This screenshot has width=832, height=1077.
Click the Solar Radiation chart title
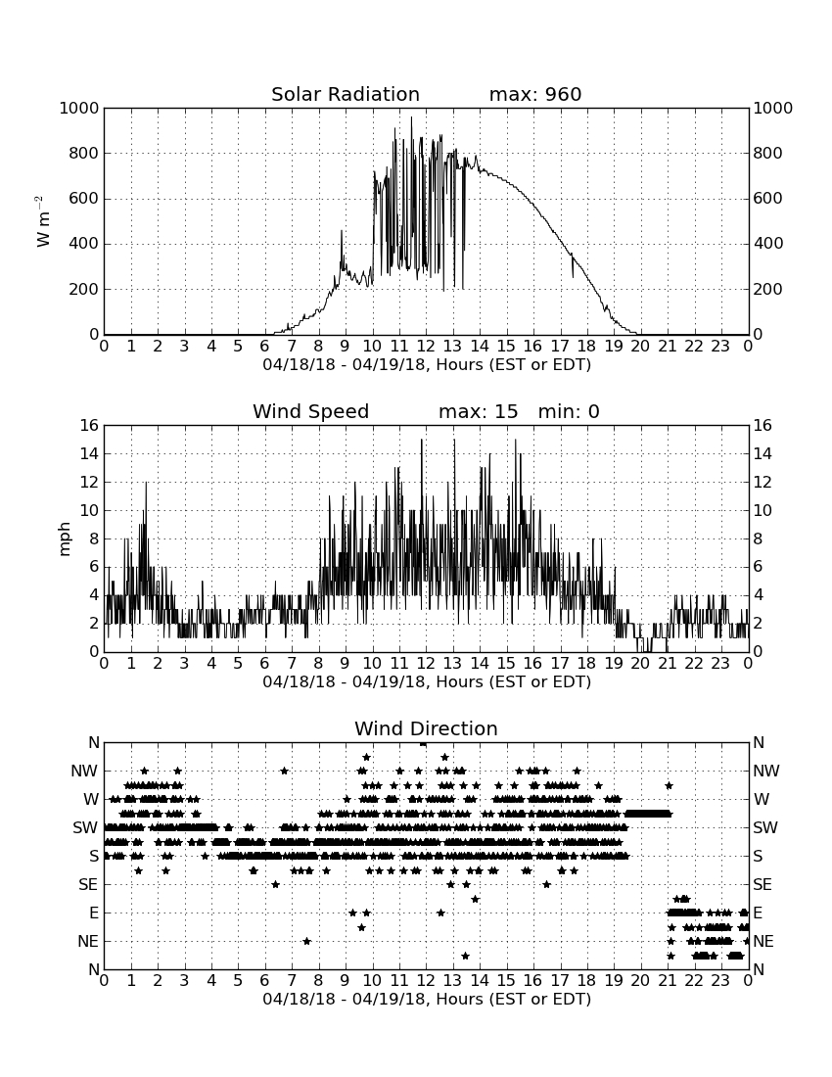pyautogui.click(x=346, y=94)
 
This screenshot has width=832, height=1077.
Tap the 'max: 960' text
pyautogui.click(x=535, y=94)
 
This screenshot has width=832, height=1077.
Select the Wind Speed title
pyautogui.click(x=311, y=411)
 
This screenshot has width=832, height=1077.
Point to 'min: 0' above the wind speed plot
pyautogui.click(x=569, y=411)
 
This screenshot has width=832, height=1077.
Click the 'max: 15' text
pyautogui.click(x=479, y=411)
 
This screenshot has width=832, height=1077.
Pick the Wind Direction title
pyautogui.click(x=427, y=728)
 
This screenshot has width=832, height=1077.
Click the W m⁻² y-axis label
pyautogui.click(x=42, y=221)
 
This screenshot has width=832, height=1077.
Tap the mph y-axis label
pyautogui.click(x=65, y=538)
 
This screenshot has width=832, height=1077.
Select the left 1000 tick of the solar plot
pyautogui.click(x=79, y=108)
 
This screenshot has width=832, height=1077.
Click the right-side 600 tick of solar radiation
pyautogui.click(x=767, y=199)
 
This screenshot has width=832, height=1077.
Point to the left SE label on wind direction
pyautogui.click(x=88, y=885)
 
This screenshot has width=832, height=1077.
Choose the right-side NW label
pyautogui.click(x=766, y=772)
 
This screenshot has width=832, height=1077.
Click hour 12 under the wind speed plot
pyautogui.click(x=426, y=664)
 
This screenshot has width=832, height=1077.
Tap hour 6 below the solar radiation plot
pyautogui.click(x=265, y=347)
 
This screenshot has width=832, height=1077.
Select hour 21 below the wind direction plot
pyautogui.click(x=668, y=981)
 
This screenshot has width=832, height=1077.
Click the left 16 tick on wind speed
pyautogui.click(x=90, y=425)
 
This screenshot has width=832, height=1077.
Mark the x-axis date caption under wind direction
pyautogui.click(x=427, y=999)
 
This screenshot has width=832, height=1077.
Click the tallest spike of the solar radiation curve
pyautogui.click(x=412, y=117)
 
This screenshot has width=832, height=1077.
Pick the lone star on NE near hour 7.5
pyautogui.click(x=306, y=941)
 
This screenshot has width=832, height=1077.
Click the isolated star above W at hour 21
pyautogui.click(x=669, y=785)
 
